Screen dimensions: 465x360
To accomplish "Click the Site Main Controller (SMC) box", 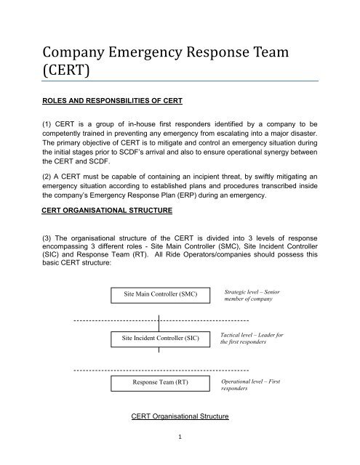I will click(x=159, y=293).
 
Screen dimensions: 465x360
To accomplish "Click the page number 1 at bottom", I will click(x=179, y=438).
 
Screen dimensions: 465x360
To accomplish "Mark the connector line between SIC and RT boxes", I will click(x=159, y=360).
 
